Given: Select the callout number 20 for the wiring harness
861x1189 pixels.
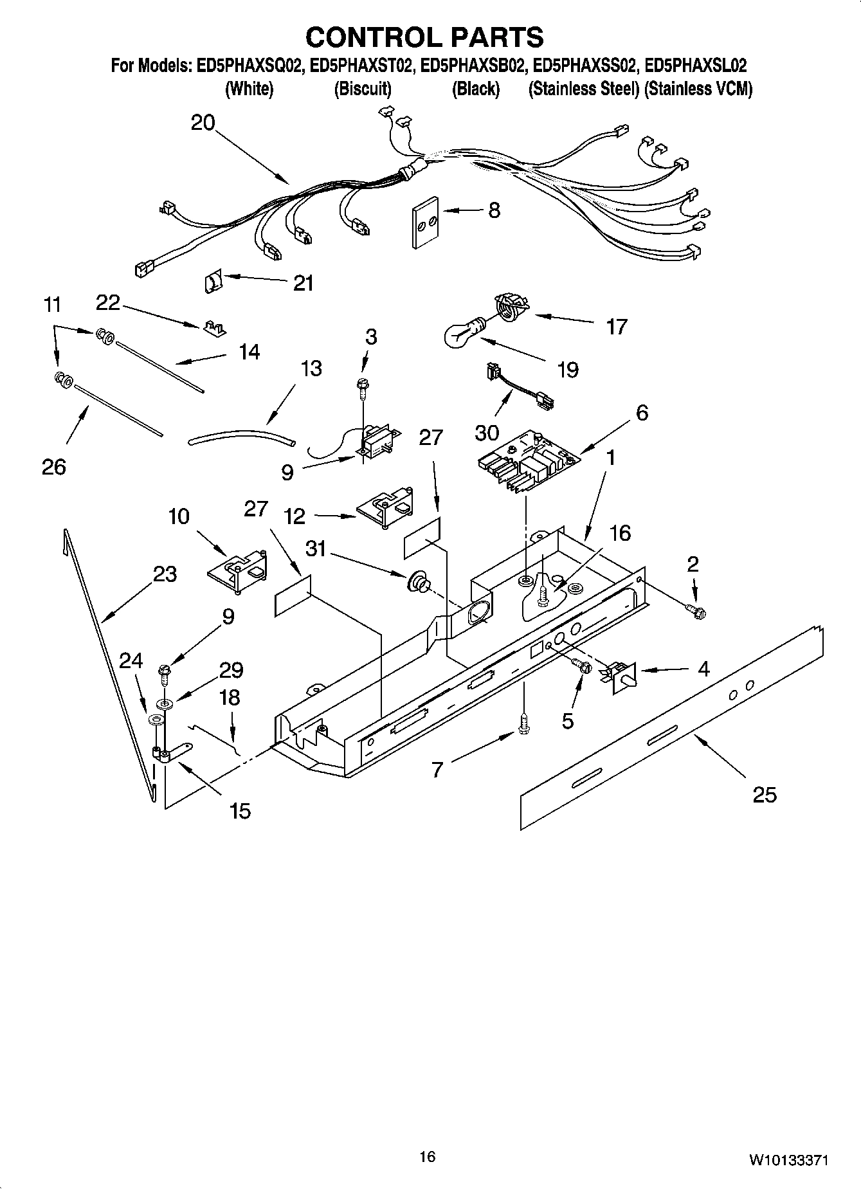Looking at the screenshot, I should (203, 123).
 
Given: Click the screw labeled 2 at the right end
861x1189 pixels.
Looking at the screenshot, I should (696, 610).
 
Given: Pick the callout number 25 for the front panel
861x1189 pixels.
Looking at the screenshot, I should (765, 795).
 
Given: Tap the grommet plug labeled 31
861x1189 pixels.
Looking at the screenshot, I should (419, 582).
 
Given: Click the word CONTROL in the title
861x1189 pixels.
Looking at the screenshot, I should (371, 37).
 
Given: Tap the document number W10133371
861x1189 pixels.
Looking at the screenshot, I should (787, 1161).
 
